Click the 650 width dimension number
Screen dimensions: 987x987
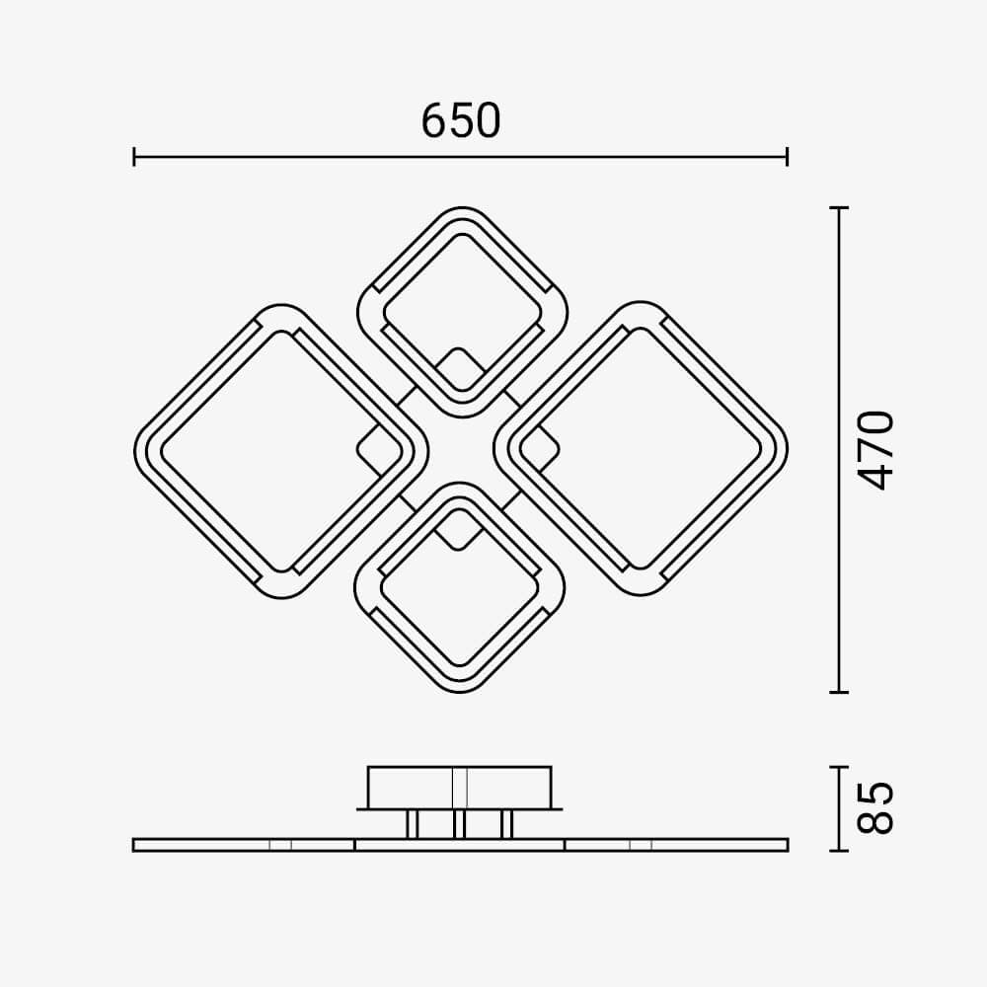point(461,120)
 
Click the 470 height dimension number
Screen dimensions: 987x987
point(875,450)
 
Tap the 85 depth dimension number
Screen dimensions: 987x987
point(875,808)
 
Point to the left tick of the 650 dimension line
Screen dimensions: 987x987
point(134,157)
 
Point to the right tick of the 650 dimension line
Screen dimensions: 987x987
point(787,157)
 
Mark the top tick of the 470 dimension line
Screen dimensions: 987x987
point(839,207)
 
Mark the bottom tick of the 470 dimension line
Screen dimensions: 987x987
point(839,692)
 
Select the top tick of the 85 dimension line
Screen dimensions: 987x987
point(839,767)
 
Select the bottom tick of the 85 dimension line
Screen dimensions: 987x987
point(839,851)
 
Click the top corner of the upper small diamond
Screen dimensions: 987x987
point(462,207)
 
